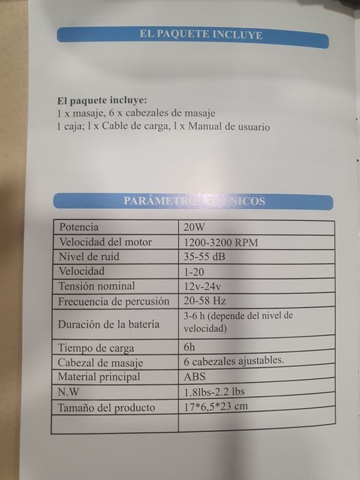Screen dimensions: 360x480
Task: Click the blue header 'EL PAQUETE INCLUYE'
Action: click(x=200, y=34)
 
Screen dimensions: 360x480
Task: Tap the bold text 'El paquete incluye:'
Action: click(x=102, y=99)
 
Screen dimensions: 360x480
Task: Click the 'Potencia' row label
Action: click(x=79, y=227)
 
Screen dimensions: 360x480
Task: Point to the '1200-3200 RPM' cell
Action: click(x=221, y=242)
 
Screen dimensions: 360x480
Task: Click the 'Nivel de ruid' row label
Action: click(x=91, y=256)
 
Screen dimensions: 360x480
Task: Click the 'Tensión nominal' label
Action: click(x=97, y=286)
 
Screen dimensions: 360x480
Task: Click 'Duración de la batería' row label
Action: click(x=109, y=324)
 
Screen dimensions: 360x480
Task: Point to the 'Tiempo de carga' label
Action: click(x=96, y=348)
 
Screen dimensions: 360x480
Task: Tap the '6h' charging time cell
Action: click(x=190, y=348)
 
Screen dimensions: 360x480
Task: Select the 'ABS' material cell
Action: click(x=195, y=376)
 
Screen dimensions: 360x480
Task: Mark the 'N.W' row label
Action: click(x=70, y=392)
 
